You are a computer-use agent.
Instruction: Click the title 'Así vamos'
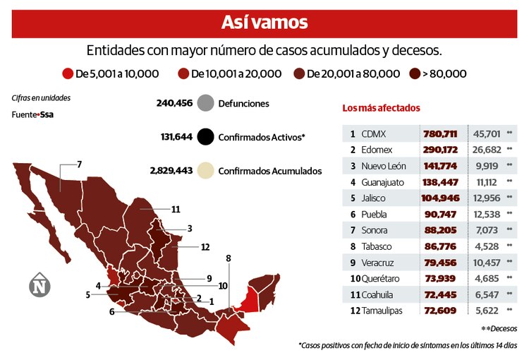(x=264, y=23)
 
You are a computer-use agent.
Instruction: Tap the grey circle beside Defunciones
(x=207, y=104)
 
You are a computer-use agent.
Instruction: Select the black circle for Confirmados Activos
(x=207, y=137)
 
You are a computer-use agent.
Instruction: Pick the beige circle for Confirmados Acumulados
(x=207, y=171)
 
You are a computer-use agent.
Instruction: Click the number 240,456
(x=174, y=104)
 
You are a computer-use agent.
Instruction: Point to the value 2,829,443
(x=171, y=171)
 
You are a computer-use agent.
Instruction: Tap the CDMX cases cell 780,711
(x=440, y=133)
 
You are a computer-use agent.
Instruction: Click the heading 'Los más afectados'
(x=381, y=108)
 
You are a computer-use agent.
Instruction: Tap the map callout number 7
(x=80, y=164)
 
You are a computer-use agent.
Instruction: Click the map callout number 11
(x=176, y=209)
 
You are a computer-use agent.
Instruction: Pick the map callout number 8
(x=229, y=258)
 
